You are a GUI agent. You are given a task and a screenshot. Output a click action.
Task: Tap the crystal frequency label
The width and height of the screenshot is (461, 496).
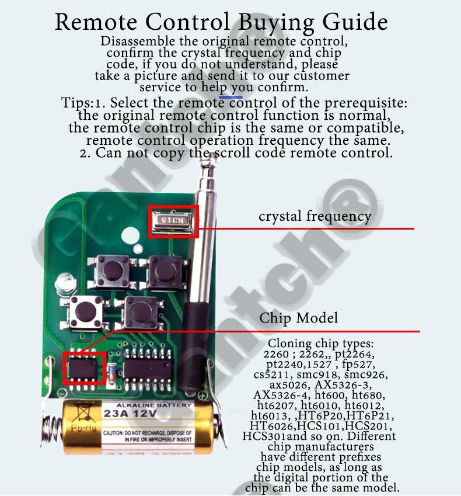(x=315, y=216)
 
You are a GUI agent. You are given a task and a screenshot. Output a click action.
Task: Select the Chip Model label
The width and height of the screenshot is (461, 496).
(x=298, y=318)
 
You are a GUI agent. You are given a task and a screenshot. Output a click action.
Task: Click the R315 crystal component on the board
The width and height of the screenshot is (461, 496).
(x=173, y=221)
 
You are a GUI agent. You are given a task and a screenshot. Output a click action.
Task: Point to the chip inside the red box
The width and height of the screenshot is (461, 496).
(x=83, y=368)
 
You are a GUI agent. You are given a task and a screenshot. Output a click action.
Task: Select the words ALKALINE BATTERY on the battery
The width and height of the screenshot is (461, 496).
(x=153, y=405)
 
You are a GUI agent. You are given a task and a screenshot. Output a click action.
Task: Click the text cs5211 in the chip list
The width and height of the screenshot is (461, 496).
(x=273, y=374)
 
